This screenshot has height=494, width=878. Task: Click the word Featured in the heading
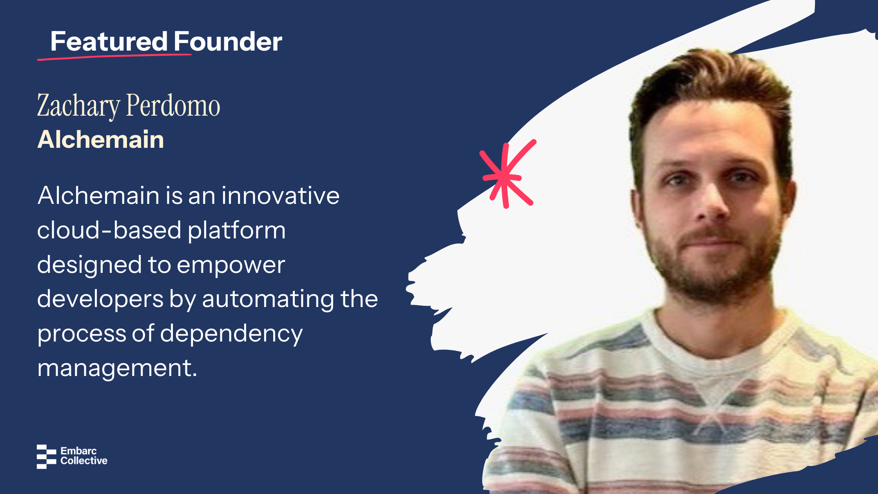point(109,41)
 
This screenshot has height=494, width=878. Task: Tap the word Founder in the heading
point(228,41)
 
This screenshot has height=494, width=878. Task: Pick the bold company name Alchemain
point(101,140)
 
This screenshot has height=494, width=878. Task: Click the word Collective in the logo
point(84,461)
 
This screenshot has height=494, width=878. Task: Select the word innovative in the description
point(281,195)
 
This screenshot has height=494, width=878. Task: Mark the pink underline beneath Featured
point(114,57)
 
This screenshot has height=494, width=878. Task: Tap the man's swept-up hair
point(709,78)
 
